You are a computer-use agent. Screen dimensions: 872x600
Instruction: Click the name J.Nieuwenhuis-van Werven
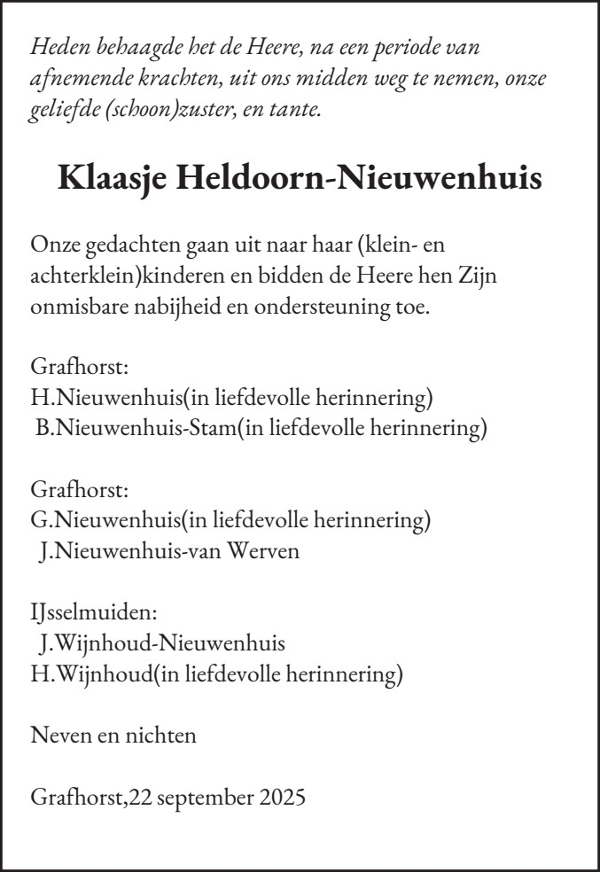click(169, 551)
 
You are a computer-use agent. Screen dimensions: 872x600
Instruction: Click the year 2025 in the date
click(282, 796)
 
